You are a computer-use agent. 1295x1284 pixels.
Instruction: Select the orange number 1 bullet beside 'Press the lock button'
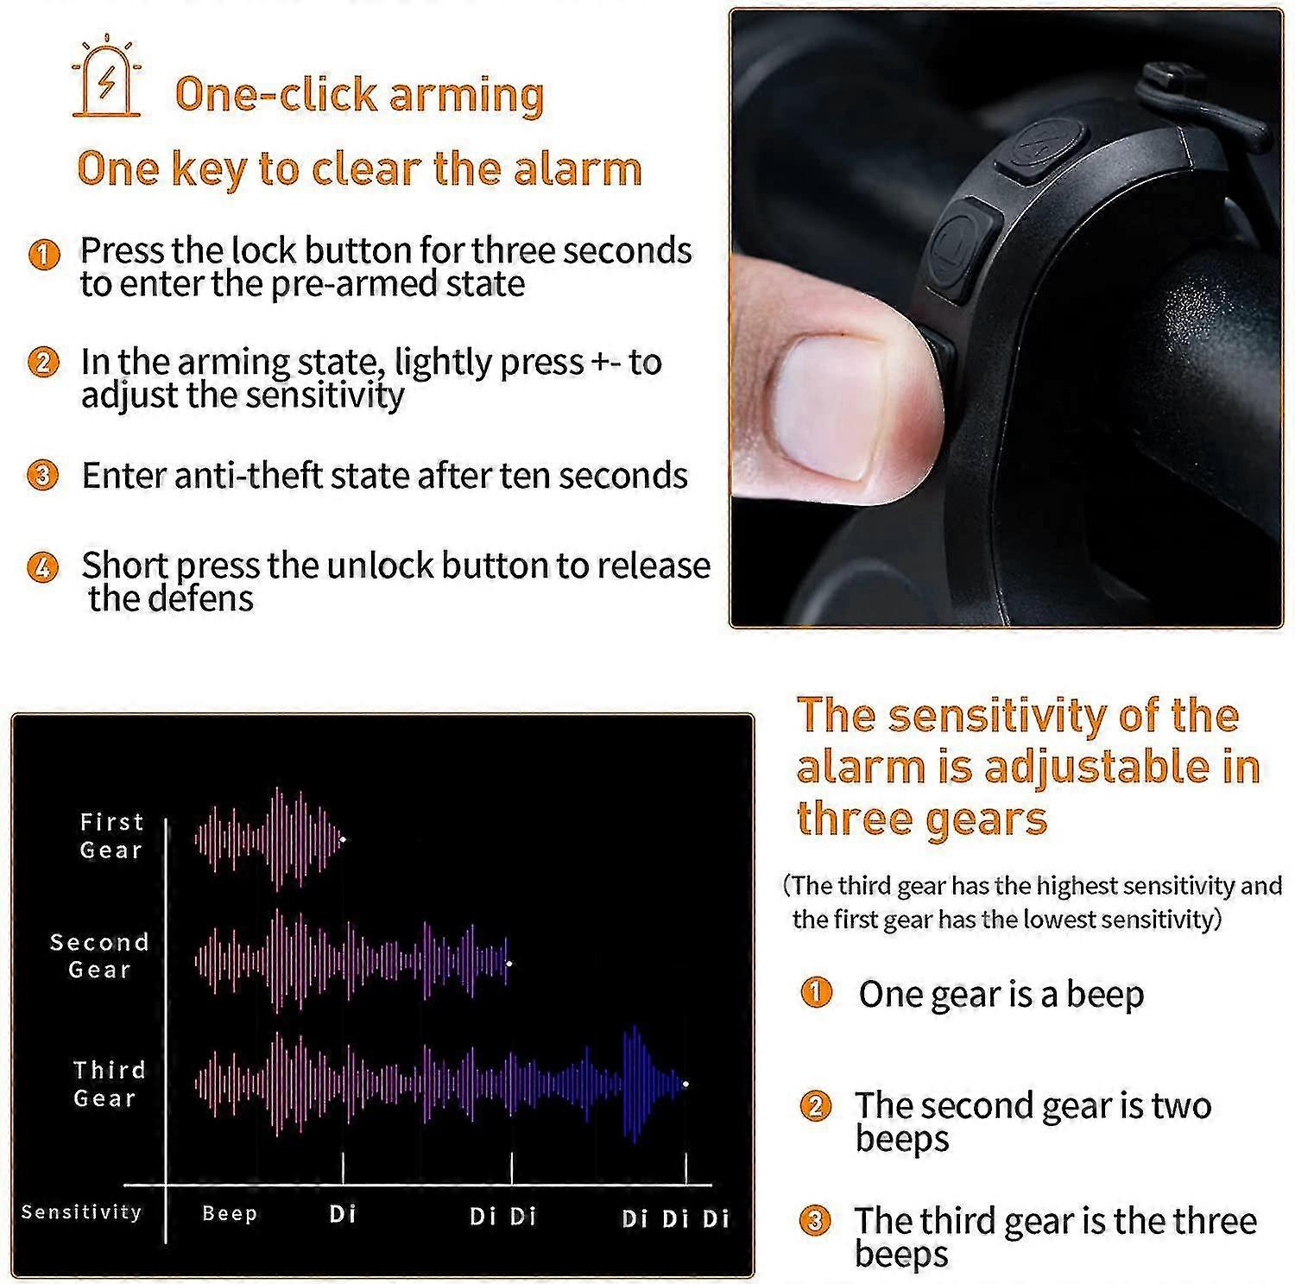click(43, 254)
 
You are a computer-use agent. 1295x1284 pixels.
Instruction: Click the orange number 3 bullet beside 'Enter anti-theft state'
click(42, 476)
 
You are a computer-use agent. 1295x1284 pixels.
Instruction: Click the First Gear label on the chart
click(111, 836)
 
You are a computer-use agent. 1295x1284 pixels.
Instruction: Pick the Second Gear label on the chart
click(99, 956)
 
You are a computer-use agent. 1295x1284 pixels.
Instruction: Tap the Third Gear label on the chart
click(108, 1084)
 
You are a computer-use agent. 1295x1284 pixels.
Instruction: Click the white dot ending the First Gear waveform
click(343, 838)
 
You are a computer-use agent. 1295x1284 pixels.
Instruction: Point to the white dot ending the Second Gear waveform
click(509, 963)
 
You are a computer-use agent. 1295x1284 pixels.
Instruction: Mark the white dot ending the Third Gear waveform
click(685, 1084)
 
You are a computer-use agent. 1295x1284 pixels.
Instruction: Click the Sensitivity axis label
click(81, 1212)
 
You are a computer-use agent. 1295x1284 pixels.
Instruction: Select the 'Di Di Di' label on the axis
click(675, 1218)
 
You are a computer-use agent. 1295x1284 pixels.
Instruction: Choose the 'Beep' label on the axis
click(230, 1213)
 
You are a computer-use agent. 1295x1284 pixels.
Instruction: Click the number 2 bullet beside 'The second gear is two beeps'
click(815, 1106)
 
